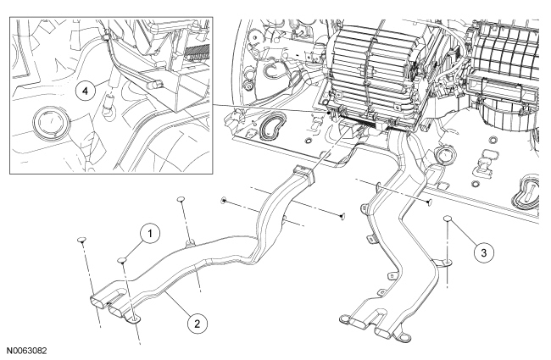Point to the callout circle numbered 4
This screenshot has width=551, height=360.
83,91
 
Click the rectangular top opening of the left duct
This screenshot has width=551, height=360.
301,172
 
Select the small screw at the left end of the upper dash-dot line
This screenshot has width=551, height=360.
222,200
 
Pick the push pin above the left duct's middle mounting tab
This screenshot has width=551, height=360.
181,200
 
